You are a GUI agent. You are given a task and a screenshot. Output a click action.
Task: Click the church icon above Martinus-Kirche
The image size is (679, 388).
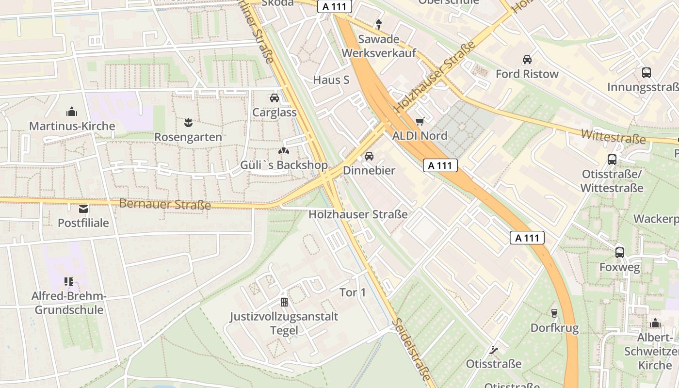coord(72,112)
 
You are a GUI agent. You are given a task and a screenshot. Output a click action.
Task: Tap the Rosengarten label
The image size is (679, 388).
coord(188,137)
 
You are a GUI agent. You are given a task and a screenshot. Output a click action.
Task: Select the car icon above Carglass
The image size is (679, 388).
coord(275,98)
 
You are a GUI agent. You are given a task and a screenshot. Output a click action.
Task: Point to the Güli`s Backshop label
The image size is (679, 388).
coord(284,165)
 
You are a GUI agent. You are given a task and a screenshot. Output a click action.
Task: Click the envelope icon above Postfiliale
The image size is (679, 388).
coord(83,209)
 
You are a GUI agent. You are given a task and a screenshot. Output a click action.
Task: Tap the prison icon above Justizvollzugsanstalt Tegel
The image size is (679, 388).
coord(284,302)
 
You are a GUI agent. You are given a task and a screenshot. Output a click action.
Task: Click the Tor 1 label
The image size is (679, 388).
coord(353,292)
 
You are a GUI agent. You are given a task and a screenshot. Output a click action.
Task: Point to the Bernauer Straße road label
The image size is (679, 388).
coord(165,204)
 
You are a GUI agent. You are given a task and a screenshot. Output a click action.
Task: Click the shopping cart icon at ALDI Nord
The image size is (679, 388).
coord(420,121)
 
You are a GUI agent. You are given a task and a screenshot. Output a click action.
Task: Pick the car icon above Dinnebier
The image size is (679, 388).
coord(369,156)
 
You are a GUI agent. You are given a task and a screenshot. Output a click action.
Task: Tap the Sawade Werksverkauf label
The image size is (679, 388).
coord(379,46)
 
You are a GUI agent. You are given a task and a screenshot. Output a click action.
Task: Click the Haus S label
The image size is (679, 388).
coord(331,80)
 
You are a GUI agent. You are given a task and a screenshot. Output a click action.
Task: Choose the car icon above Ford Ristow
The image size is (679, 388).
coord(527,60)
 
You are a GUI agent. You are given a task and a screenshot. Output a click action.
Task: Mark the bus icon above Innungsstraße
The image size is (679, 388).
coord(647,73)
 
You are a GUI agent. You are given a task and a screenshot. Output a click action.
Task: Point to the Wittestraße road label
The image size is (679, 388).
coord(614,136)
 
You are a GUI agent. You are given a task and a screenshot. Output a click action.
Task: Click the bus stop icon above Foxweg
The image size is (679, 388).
coord(619,252)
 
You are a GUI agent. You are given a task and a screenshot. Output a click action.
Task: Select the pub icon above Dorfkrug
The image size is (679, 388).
coord(554,313)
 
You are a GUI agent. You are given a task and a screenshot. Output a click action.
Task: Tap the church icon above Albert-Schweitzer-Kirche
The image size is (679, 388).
coord(655,323)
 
